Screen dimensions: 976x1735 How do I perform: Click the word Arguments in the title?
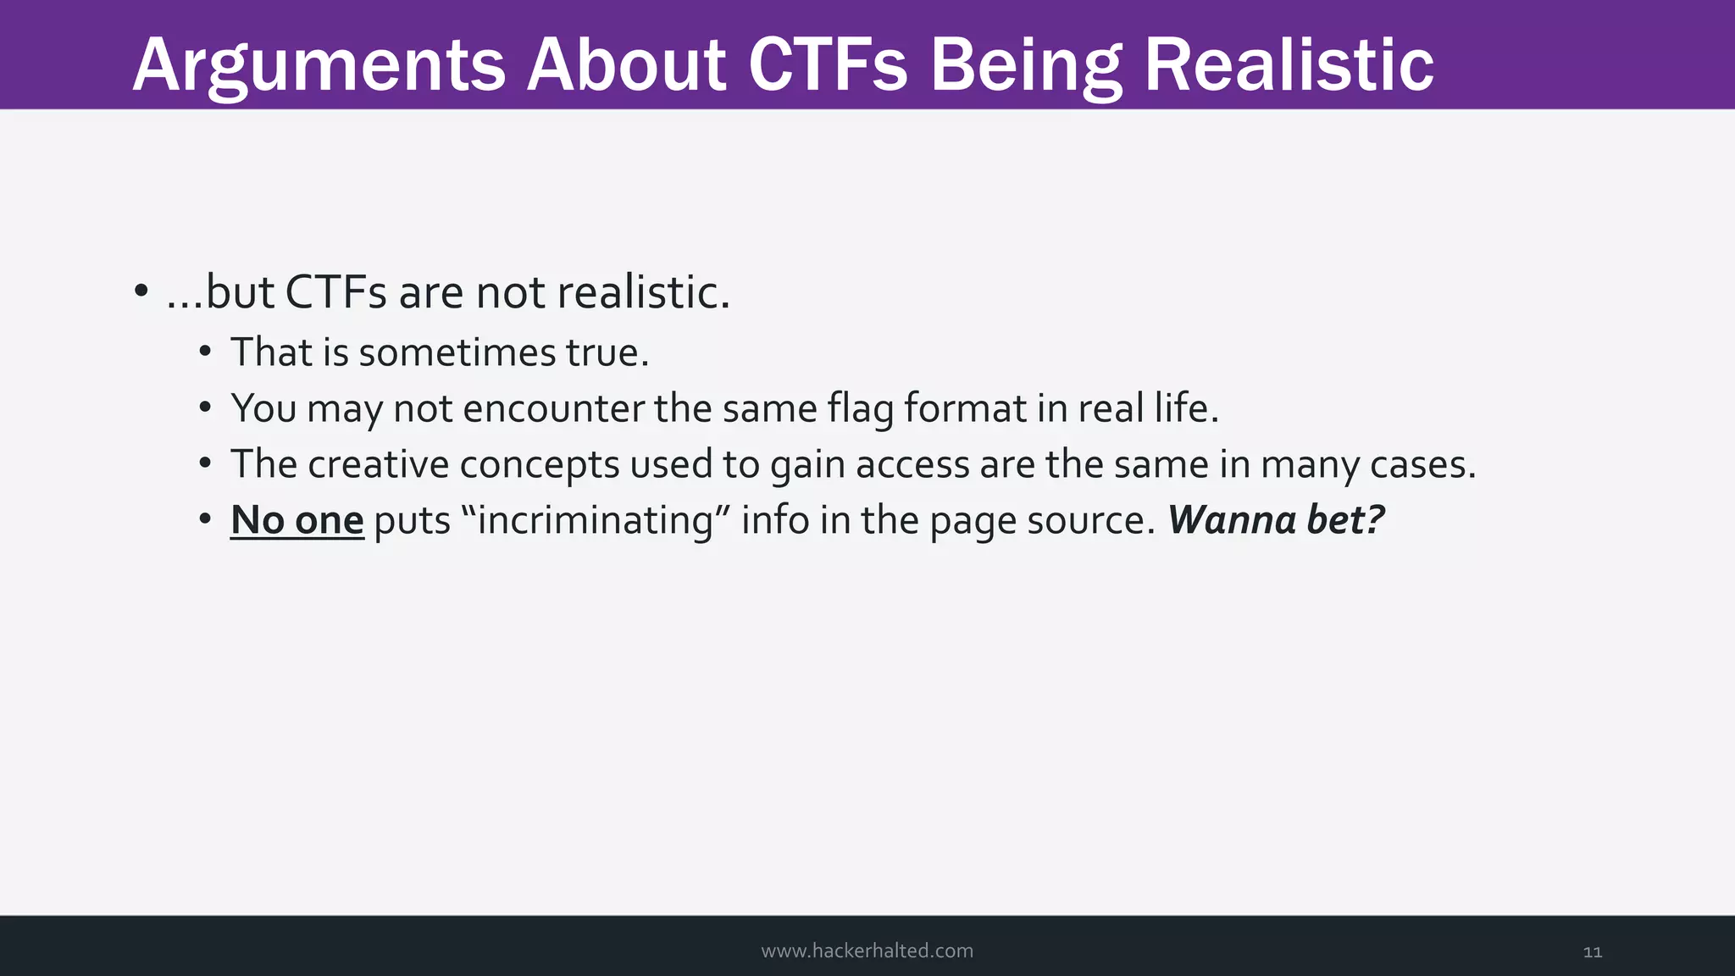pyautogui.click(x=319, y=66)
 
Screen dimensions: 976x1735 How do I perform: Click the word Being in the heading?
pyautogui.click(x=1026, y=66)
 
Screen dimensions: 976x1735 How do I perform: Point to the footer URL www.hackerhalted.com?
pyautogui.click(x=867, y=951)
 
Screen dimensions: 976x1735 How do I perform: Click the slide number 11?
pyautogui.click(x=1592, y=952)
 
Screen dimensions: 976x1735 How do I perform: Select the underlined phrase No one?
pyautogui.click(x=297, y=520)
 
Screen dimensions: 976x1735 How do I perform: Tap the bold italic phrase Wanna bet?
pyautogui.click(x=1276, y=520)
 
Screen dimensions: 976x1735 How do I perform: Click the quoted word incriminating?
pyautogui.click(x=596, y=520)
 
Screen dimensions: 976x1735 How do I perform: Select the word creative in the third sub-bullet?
pyautogui.click(x=378, y=464)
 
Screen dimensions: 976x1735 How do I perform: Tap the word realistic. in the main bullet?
pyautogui.click(x=643, y=292)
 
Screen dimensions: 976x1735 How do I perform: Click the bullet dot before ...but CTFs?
pyautogui.click(x=141, y=291)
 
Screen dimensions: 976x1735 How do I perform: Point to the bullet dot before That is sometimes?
pyautogui.click(x=205, y=352)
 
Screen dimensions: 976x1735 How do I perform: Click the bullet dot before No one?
pyautogui.click(x=205, y=519)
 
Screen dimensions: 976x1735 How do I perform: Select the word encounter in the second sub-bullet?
pyautogui.click(x=553, y=408)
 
